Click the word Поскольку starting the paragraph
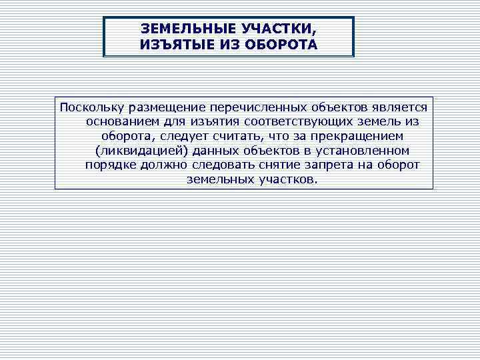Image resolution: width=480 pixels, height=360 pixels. (x=89, y=107)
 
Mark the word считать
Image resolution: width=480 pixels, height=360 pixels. (x=251, y=137)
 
